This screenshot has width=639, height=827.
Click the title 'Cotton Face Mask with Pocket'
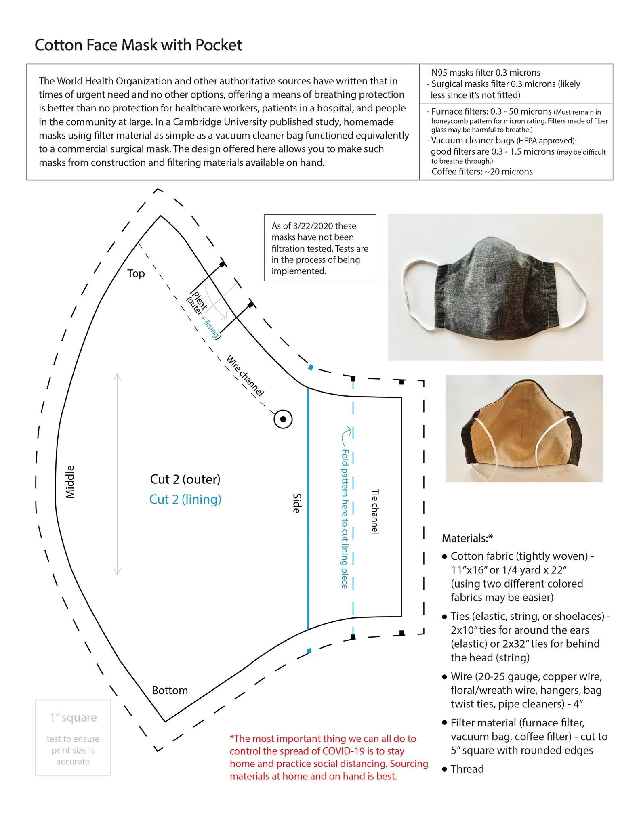pos(138,45)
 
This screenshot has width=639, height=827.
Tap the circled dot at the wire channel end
pos(283,419)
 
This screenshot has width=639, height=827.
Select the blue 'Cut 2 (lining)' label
pos(185,500)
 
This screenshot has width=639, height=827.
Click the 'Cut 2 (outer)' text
pos(185,479)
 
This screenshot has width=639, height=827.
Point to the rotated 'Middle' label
pos(70,482)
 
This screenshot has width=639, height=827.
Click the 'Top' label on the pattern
pos(136,274)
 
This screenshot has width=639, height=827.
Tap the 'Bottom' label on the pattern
pos(170,691)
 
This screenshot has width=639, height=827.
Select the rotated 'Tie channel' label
pos(375,512)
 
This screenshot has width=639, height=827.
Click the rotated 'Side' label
pos(296,503)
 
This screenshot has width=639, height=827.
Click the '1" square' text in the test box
pos(73,718)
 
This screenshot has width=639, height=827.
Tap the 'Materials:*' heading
pos(467,538)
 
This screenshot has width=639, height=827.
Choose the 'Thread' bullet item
pos(467,769)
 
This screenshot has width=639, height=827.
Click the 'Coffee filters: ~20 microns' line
pos(481,172)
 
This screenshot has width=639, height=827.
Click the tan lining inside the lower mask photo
pos(521,432)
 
